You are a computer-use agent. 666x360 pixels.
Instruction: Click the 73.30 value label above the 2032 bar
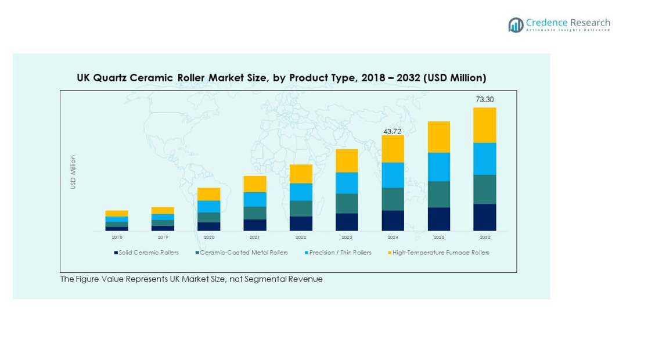485,100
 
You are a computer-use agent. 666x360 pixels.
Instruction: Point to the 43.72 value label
393,132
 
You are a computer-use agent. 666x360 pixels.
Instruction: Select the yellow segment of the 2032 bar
485,125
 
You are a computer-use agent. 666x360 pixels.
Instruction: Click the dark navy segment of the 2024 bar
393,221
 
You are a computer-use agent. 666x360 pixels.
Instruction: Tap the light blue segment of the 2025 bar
439,167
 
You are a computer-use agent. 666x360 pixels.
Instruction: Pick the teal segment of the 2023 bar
347,203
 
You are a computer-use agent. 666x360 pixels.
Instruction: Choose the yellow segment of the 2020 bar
209,194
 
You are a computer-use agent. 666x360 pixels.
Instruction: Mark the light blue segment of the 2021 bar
255,199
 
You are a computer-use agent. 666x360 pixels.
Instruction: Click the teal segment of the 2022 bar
301,208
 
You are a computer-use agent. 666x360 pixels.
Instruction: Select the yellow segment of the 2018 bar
117,213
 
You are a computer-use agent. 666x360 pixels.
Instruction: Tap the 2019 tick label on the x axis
163,237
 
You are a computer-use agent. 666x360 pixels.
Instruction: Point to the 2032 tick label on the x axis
485,237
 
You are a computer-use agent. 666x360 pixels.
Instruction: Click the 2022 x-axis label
301,237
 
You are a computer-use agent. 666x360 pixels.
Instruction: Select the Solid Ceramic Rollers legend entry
148,253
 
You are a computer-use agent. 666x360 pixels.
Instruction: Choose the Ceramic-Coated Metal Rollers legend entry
243,253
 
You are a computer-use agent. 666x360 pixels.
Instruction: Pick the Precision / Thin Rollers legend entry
340,253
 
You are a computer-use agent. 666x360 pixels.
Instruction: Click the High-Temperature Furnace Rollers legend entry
440,253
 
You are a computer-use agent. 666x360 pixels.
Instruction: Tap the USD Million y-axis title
73,172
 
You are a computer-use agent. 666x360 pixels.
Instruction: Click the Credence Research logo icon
516,24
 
